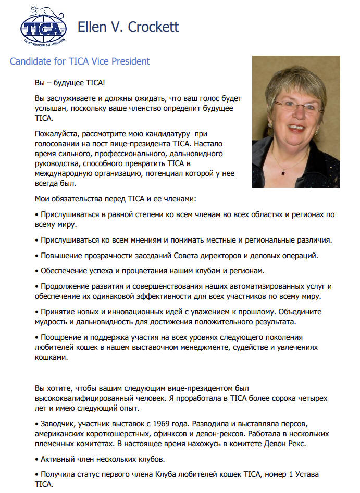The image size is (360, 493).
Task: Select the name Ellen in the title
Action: (x=92, y=27)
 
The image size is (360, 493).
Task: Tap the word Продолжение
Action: (x=67, y=286)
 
